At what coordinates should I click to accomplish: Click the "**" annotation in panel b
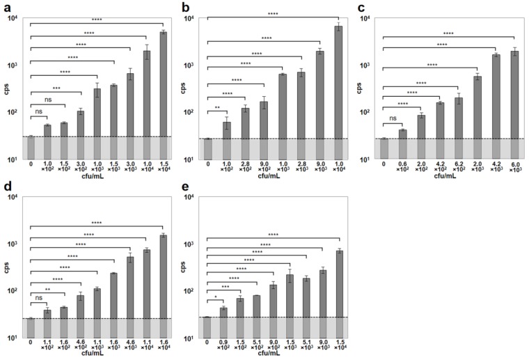217,107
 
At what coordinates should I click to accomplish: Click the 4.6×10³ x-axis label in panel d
113,345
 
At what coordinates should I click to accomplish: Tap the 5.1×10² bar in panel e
256,316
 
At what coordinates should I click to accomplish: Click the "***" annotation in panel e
225,286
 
